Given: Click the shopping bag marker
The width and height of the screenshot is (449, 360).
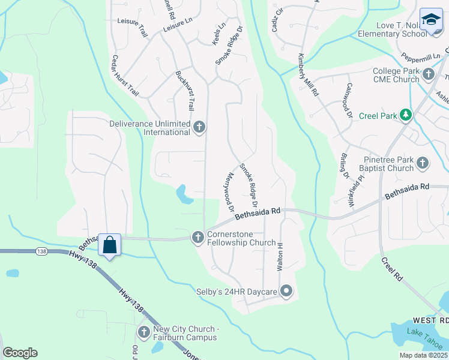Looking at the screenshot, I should tap(109, 245).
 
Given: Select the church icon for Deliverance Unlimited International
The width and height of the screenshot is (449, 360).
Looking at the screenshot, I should tap(200, 127).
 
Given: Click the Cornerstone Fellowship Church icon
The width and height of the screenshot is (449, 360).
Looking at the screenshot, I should tap(197, 238).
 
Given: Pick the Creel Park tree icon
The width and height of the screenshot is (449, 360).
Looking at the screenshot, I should tap(406, 115).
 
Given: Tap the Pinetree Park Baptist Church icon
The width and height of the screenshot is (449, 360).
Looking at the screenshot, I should tap(423, 163).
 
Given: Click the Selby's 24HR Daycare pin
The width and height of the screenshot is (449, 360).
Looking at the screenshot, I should tap(286, 292).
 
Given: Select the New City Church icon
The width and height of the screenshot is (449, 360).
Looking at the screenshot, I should tap(143, 332).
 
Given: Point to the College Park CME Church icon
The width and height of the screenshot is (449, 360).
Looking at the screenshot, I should tap(428, 74).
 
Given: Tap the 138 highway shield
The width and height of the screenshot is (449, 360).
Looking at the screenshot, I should tap(41, 251).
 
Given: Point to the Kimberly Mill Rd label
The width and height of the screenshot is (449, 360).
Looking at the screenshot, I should tap(306, 75).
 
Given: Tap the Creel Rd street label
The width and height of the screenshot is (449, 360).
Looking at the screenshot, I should tap(392, 269).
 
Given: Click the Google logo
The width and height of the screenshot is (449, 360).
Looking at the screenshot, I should tap(20, 353).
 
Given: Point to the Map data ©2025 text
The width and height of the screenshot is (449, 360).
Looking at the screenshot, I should tap(423, 355).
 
